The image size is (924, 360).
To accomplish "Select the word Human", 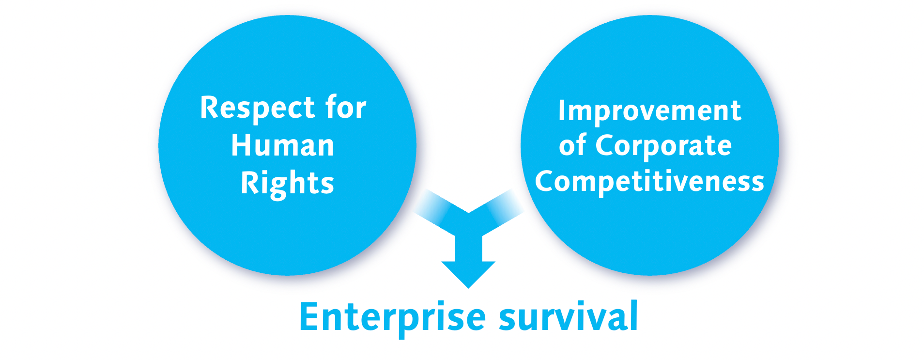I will pos(282,145).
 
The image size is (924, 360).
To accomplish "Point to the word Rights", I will pos(287,183).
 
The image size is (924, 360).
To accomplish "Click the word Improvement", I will pos(649,111).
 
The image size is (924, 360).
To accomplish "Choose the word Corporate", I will pos(663,145).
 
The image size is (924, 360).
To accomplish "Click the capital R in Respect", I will pos(209,107).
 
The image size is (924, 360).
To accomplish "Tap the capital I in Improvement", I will pos(562,110).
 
